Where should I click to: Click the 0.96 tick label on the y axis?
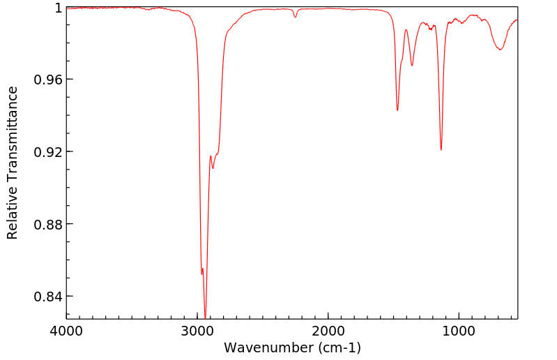coord(49,80)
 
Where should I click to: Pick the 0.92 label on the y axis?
coord(49,152)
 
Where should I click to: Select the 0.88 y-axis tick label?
coord(49,225)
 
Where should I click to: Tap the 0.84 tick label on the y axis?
coord(49,297)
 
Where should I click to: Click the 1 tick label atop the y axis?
coord(59,8)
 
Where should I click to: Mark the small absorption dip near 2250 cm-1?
coord(296,17)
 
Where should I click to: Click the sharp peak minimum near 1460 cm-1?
coord(397,110)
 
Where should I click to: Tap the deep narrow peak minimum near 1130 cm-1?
coord(441,149)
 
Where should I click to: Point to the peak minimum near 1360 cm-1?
coord(412,66)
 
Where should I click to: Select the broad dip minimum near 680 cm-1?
coord(500,50)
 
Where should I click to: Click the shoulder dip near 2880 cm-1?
coord(213,168)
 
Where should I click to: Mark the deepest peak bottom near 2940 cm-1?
coord(205,315)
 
